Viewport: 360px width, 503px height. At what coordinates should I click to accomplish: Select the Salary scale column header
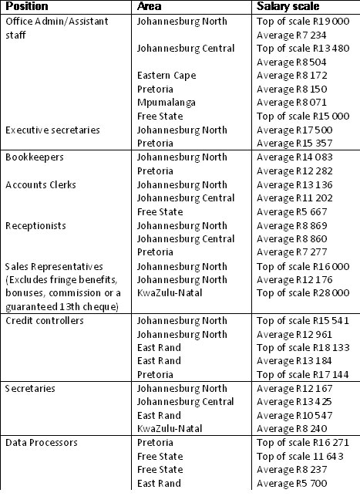(x=284, y=7)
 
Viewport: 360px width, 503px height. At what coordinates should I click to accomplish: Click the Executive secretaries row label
(x=52, y=130)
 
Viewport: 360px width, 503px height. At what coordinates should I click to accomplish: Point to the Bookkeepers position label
(x=34, y=157)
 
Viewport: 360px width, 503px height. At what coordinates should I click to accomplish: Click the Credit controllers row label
(x=44, y=321)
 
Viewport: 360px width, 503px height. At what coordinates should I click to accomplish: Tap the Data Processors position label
(x=40, y=443)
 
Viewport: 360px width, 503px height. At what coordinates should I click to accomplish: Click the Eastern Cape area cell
(x=167, y=76)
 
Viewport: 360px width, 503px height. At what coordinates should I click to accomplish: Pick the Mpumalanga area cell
(x=164, y=103)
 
